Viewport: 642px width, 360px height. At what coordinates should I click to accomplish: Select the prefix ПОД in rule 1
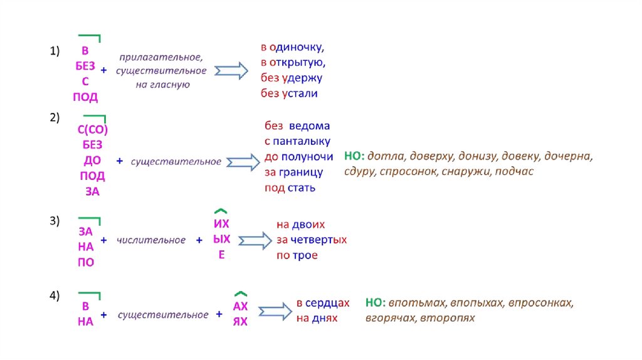(x=85, y=97)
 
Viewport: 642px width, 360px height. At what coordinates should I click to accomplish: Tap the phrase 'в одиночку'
(x=292, y=47)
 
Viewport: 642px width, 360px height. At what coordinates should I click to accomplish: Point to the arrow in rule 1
(x=231, y=70)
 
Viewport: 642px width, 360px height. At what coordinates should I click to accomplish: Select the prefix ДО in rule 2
(x=92, y=161)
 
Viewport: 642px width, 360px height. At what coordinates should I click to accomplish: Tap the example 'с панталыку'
(x=297, y=141)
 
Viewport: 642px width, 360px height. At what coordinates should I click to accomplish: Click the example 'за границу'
(x=293, y=172)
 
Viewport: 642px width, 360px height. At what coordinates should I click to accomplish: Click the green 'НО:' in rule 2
(x=354, y=156)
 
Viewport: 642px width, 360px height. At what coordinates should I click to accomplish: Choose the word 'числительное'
(x=151, y=240)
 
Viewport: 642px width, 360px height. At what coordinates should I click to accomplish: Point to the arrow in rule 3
(x=253, y=240)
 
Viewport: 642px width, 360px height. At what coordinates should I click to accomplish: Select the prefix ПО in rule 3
(x=86, y=262)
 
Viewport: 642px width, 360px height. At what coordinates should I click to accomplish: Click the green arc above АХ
(x=241, y=293)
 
